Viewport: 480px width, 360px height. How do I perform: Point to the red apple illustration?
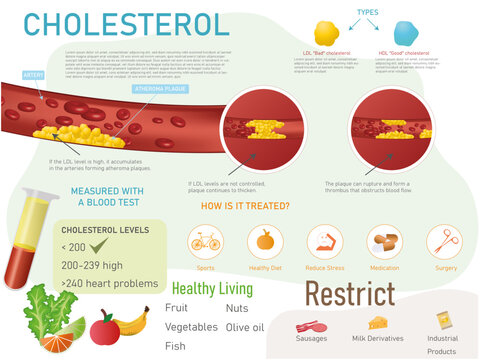(x=104, y=328)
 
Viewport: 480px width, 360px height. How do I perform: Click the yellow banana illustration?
(x=132, y=321)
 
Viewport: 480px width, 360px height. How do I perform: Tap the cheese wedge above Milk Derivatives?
(x=377, y=322)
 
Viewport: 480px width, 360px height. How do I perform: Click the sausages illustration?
(x=311, y=326)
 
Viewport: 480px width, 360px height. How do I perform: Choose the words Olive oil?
(x=245, y=327)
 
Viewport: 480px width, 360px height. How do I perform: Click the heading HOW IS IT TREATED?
(x=245, y=206)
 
